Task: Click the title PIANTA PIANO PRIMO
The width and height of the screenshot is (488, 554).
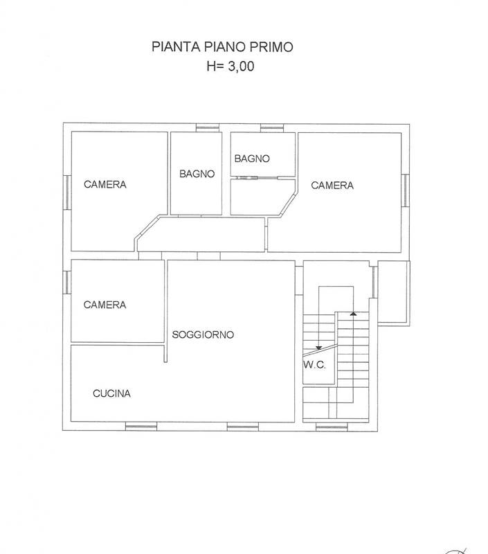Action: click(222, 46)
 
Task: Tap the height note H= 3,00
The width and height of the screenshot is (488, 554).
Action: click(231, 66)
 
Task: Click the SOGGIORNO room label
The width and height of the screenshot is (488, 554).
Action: click(203, 334)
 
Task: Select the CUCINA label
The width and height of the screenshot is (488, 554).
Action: click(111, 393)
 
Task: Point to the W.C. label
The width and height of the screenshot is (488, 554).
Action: click(314, 365)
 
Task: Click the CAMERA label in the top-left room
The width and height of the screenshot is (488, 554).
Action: click(105, 184)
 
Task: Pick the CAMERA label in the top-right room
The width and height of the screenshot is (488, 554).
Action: click(332, 185)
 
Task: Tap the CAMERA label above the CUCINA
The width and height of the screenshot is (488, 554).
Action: click(105, 305)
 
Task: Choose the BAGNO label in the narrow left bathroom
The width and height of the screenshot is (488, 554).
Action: click(197, 174)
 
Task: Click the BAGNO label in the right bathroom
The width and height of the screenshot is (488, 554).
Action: click(252, 159)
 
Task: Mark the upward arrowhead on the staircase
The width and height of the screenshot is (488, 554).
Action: click(353, 314)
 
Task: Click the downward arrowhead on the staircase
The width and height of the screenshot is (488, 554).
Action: click(319, 348)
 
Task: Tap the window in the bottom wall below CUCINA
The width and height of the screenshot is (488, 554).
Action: click(141, 427)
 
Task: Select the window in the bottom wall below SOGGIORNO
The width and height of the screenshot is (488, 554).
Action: click(242, 427)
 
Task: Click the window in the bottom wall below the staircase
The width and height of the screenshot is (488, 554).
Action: click(332, 427)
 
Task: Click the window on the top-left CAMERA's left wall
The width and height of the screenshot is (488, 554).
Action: click(67, 193)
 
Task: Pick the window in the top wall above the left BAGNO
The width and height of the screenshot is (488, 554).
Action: click(208, 127)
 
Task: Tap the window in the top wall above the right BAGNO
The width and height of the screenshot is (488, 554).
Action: click(272, 128)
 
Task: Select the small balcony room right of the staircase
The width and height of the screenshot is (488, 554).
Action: click(393, 292)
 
